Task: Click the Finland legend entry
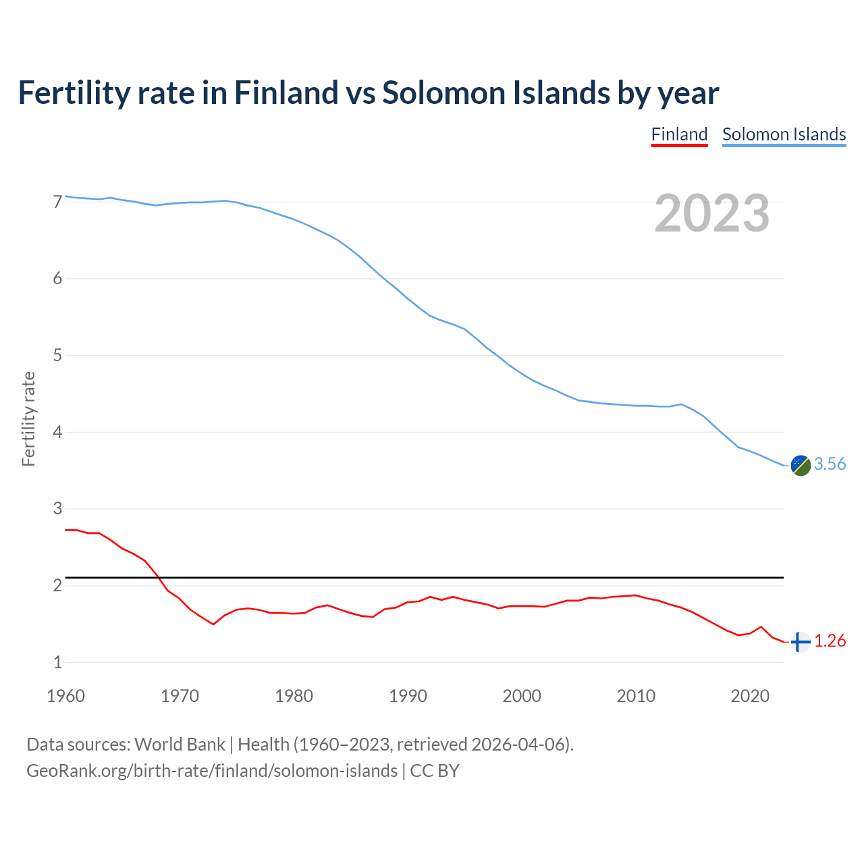click(x=679, y=134)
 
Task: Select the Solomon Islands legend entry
click(x=784, y=134)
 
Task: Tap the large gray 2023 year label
click(x=712, y=213)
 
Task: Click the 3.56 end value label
click(x=830, y=464)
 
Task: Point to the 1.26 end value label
click(x=830, y=641)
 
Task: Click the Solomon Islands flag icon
click(x=801, y=465)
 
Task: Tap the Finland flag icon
click(x=801, y=642)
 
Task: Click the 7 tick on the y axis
click(x=57, y=202)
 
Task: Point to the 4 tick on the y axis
click(x=57, y=432)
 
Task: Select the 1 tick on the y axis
click(x=57, y=662)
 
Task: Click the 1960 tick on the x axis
click(x=65, y=696)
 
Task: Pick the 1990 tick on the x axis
click(x=408, y=696)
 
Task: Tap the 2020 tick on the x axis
click(x=750, y=696)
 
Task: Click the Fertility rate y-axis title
click(x=28, y=418)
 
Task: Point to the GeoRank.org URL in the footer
click(x=211, y=771)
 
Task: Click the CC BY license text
click(x=435, y=771)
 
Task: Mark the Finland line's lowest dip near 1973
click(x=213, y=624)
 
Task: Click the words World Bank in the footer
click(x=180, y=745)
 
